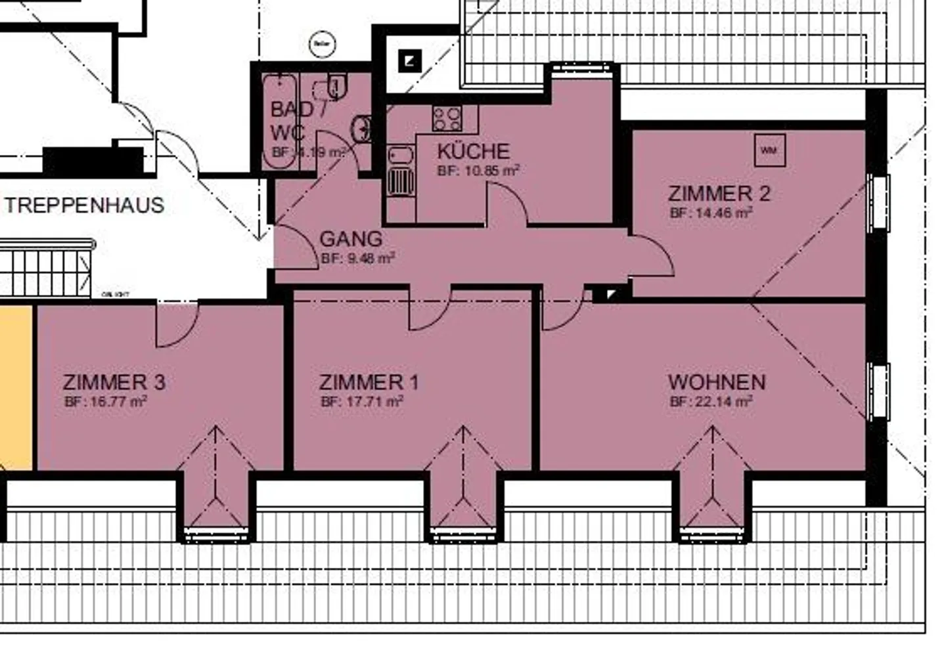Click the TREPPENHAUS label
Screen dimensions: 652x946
[x=85, y=205]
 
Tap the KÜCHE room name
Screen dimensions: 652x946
[x=473, y=152]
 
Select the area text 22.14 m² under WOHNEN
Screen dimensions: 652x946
[x=711, y=401]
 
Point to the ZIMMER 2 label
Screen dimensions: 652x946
[x=719, y=194]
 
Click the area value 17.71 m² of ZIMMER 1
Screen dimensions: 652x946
[x=362, y=401]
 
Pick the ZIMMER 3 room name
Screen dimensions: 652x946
[x=114, y=382]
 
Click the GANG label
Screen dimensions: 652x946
[x=351, y=238]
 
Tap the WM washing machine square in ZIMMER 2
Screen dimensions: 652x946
[x=769, y=151]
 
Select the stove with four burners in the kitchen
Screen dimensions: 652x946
[x=447, y=118]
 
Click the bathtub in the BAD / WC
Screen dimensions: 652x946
[x=280, y=121]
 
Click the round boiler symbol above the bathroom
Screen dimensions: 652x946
[x=322, y=44]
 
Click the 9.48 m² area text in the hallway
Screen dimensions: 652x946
[x=358, y=259]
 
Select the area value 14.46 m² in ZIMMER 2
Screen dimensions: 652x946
[x=711, y=213]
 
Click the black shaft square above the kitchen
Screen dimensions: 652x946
[x=410, y=62]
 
